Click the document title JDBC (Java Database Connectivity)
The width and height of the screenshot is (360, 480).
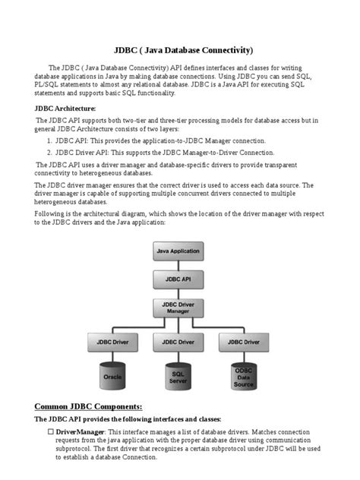point(180,49)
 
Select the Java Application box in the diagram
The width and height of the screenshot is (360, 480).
point(178,250)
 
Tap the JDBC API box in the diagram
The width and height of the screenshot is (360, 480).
point(178,279)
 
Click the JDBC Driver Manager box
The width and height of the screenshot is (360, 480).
point(178,308)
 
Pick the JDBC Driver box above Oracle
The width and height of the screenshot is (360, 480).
point(112,343)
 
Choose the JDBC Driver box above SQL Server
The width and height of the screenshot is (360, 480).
point(178,343)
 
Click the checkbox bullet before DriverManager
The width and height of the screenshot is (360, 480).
point(51,431)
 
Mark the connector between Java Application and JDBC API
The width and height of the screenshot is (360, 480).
point(178,264)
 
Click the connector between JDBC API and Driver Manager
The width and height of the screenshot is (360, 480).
point(178,292)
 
